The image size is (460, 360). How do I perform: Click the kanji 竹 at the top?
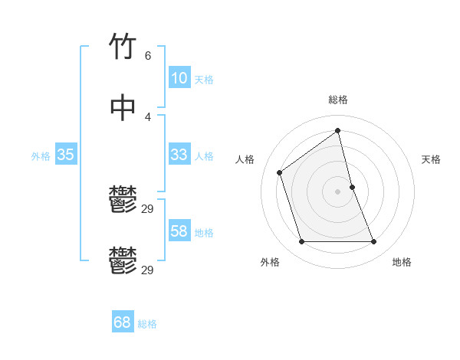123,47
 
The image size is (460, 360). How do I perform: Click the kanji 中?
123,107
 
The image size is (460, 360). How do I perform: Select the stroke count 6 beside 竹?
147,56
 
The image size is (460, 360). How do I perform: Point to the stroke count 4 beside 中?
147,116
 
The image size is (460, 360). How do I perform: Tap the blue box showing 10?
179,78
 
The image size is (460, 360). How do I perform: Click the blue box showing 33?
179,155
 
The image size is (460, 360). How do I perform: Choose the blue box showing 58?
179,231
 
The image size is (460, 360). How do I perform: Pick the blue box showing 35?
66,155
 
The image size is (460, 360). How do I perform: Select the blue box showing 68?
123,322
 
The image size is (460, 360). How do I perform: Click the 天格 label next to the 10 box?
204,80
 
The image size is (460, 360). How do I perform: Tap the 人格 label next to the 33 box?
204,156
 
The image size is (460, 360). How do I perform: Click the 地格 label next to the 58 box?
204,233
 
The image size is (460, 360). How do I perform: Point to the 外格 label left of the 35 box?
41,156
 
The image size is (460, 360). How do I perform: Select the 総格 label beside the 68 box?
147,324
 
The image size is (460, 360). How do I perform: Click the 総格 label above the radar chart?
338,100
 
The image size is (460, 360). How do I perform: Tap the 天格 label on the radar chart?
431,159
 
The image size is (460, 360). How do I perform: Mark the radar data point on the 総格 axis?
338,130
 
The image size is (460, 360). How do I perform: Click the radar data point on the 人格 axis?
280,172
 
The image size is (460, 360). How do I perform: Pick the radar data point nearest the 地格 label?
374,242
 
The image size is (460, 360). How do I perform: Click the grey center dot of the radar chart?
338,191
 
